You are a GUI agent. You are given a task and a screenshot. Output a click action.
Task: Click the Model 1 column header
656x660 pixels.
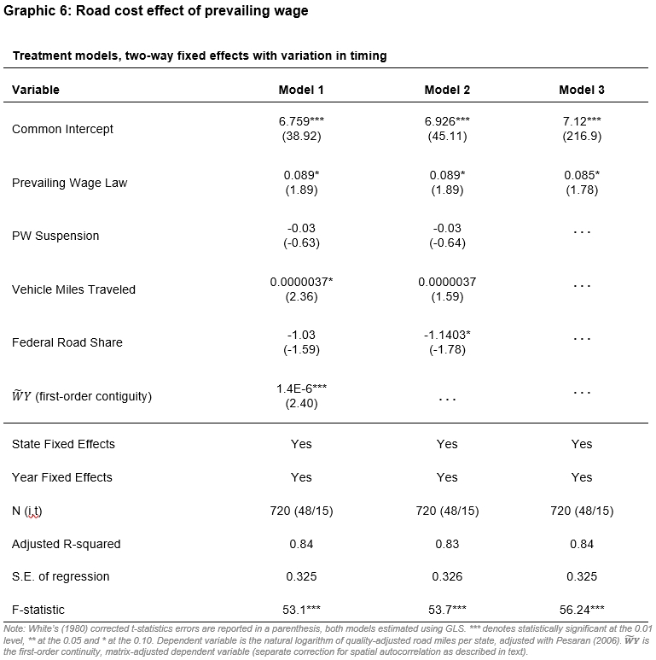[301, 90]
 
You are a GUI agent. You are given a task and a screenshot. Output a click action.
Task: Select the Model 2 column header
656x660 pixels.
[447, 90]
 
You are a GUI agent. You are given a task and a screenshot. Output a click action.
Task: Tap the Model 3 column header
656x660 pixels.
[582, 90]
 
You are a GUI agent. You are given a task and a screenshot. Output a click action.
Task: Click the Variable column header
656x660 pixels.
[36, 90]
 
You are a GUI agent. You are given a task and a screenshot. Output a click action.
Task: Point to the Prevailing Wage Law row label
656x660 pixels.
[69, 183]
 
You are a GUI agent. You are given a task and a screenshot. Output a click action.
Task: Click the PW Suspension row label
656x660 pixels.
[55, 236]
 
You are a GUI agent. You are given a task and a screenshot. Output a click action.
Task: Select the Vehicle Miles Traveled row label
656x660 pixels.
[73, 289]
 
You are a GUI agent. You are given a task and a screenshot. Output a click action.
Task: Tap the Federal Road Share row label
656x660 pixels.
[67, 342]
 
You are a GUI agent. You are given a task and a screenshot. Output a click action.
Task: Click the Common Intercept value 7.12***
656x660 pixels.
[582, 122]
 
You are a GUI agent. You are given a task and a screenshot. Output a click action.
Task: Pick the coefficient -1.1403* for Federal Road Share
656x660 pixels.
[447, 335]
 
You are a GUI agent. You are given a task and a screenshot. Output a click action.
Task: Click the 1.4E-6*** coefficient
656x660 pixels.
[301, 388]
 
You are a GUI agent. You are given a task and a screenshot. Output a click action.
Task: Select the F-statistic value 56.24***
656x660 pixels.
[582, 609]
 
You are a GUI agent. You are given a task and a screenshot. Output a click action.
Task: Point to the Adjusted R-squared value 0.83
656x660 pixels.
[447, 544]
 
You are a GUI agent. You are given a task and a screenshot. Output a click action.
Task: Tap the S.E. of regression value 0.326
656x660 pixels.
[447, 576]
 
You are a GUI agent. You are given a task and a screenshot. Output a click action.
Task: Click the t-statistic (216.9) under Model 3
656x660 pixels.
[582, 136]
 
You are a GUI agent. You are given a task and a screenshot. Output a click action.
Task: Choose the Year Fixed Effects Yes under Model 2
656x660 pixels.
[447, 477]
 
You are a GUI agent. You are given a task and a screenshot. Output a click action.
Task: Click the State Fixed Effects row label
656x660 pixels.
[63, 444]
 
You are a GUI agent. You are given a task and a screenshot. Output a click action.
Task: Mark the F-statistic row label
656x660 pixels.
[38, 609]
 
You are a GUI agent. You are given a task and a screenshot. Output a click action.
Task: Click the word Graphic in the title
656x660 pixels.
[26, 11]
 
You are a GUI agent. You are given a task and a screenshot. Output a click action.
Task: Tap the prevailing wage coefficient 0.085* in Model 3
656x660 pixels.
[582, 175]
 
